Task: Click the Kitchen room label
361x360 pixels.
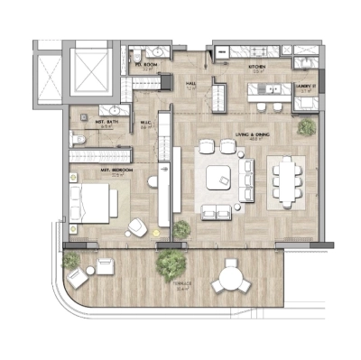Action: click(x=257, y=67)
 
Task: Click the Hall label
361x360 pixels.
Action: click(x=190, y=84)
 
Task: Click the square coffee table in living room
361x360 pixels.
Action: click(x=219, y=179)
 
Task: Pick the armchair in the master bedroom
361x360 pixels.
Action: click(x=136, y=226)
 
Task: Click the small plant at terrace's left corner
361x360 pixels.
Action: click(x=71, y=262)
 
